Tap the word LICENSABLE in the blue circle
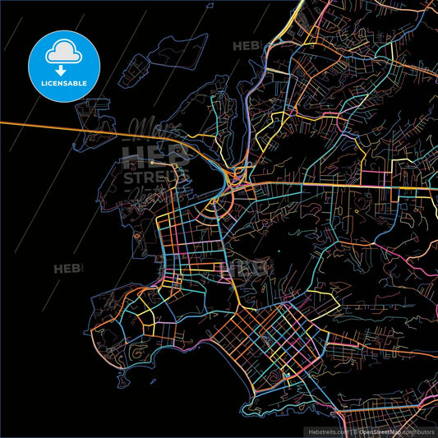coord(64,82)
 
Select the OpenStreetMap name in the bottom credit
coord(386,431)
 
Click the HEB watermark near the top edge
coord(247,46)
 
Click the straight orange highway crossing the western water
coord(58,125)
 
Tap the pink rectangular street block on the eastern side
coord(379,178)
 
